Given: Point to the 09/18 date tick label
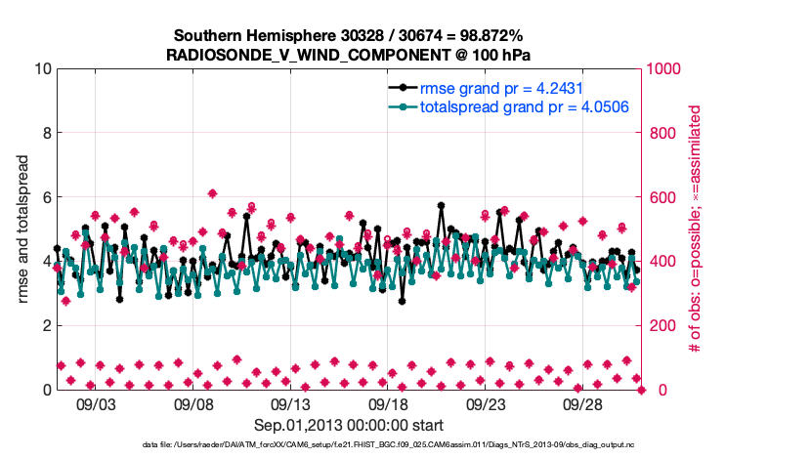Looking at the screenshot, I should [388, 402].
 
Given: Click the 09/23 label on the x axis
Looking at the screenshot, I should [486, 402].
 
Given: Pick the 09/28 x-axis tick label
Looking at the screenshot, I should [582, 402].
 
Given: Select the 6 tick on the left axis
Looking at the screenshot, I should [46, 197].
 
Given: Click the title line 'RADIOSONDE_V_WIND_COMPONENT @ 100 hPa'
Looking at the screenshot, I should [349, 54].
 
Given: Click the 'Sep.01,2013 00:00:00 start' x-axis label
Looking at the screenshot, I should [349, 425].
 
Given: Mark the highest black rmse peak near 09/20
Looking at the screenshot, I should [442, 206].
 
